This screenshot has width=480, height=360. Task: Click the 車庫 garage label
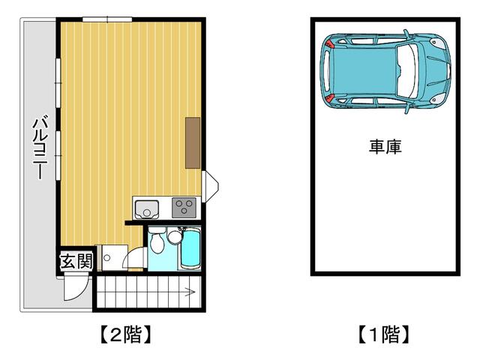[x=385, y=147]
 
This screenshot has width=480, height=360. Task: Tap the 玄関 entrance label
[x=76, y=261]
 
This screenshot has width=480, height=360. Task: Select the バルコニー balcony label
[x=40, y=147]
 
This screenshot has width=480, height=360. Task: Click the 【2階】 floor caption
[x=126, y=334]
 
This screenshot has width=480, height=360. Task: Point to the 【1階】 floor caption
[x=384, y=334]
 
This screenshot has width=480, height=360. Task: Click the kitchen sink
[x=147, y=209]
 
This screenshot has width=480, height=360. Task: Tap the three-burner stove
[x=184, y=208]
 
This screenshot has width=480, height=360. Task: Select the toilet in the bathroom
[x=157, y=240]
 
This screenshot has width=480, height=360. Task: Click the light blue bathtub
[x=190, y=248]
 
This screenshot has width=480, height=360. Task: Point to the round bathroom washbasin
[x=175, y=237]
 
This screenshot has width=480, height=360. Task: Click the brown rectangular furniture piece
[x=193, y=142]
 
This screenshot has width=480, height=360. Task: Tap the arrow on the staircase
[x=189, y=292]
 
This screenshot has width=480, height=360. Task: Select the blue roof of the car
[x=365, y=71]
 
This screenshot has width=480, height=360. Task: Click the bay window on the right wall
[x=210, y=187]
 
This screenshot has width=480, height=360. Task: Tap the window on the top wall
[x=107, y=19]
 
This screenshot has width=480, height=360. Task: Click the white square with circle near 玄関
[x=114, y=257]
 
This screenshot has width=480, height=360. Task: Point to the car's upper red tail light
[x=330, y=43]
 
